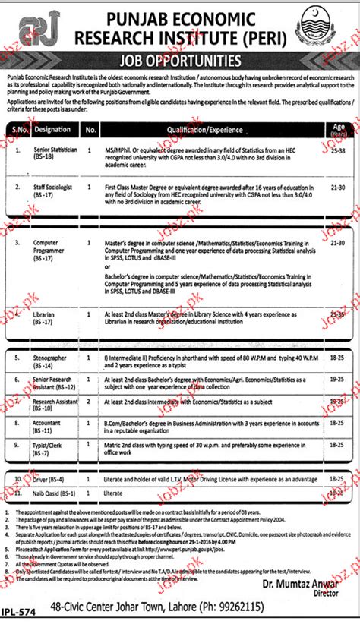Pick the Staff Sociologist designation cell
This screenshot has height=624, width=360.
tap(52, 188)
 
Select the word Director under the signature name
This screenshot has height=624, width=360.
tap(326, 594)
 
